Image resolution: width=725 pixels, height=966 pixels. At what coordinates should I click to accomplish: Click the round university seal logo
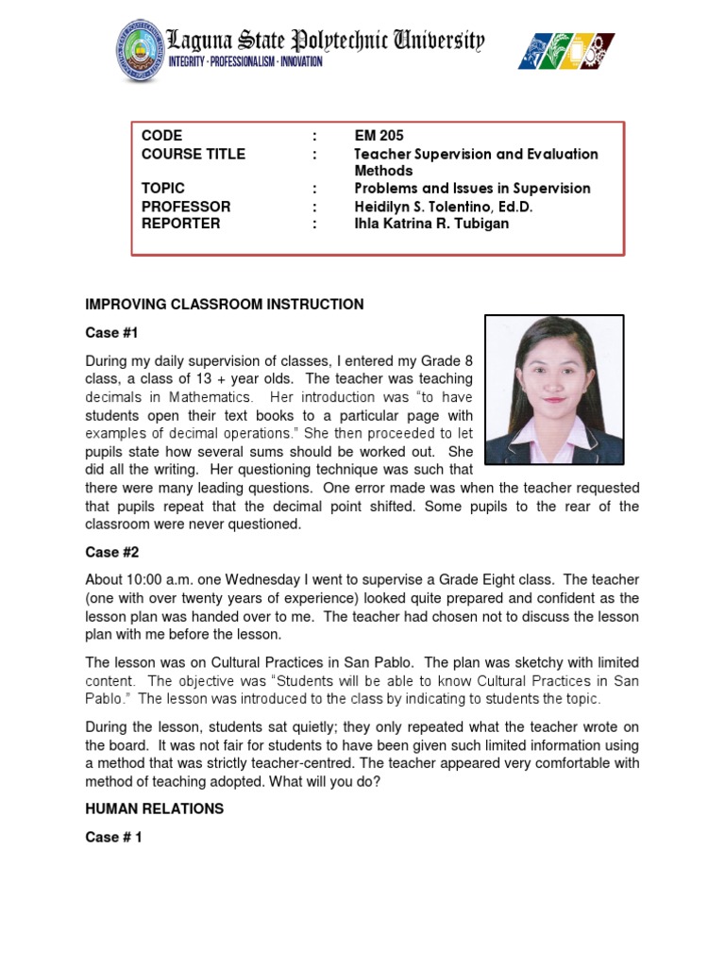click(x=141, y=50)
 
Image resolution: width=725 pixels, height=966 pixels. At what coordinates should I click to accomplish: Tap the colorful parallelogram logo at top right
click(x=565, y=51)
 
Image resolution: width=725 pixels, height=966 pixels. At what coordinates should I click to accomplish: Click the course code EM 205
click(x=379, y=136)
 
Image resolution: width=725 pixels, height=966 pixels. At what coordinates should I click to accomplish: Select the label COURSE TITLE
click(x=194, y=154)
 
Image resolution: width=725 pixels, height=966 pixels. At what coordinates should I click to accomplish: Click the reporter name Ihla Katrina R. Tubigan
click(x=430, y=224)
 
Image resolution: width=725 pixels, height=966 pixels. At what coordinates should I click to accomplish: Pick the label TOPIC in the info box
click(x=163, y=189)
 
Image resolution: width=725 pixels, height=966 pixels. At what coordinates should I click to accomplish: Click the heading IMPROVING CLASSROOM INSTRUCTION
click(x=225, y=305)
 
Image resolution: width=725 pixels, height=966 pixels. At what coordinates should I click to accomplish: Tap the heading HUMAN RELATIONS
click(x=155, y=808)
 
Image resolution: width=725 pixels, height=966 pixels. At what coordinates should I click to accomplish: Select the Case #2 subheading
click(x=112, y=552)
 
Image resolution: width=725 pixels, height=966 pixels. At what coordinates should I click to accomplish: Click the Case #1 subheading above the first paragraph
click(x=112, y=333)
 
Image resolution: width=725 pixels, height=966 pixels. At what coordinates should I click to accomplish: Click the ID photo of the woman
click(x=554, y=389)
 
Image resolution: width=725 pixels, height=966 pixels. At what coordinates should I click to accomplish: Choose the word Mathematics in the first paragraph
click(x=209, y=397)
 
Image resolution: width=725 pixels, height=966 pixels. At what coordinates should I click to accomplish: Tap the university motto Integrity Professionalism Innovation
click(x=245, y=62)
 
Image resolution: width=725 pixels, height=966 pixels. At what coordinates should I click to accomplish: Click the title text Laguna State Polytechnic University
click(x=326, y=41)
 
